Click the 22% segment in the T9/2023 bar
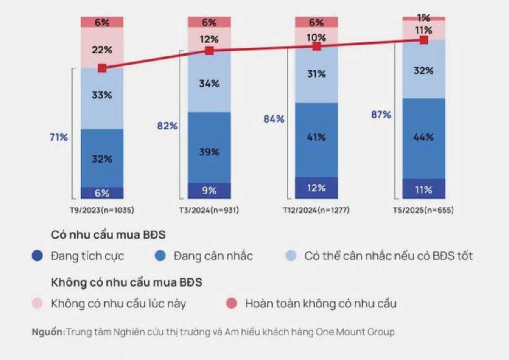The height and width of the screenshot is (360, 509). pos(102,50)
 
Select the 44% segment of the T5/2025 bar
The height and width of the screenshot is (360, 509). pos(424,137)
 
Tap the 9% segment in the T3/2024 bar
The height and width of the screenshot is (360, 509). pos(210,191)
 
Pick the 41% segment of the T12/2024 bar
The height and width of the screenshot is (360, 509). pos(316,137)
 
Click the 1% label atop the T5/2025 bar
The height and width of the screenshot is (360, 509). pos(423,18)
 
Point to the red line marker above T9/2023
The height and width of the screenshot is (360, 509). pos(102,68)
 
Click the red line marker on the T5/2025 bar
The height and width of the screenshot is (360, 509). pos(423,40)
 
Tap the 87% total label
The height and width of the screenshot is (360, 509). pos(380,115)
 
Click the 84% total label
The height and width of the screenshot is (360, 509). pos(274,119)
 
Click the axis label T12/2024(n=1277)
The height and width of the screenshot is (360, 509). pos(316,210)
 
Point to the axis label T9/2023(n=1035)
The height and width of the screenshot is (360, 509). pos(102,210)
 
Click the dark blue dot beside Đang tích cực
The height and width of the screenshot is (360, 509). pos(37,256)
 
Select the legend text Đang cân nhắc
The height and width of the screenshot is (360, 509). pos(213,256)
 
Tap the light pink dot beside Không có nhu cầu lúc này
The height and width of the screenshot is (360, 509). pos(37,304)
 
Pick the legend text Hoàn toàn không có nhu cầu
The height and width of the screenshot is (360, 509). pos(321,304)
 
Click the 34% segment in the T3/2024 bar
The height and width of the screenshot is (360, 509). pos(210,84)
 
